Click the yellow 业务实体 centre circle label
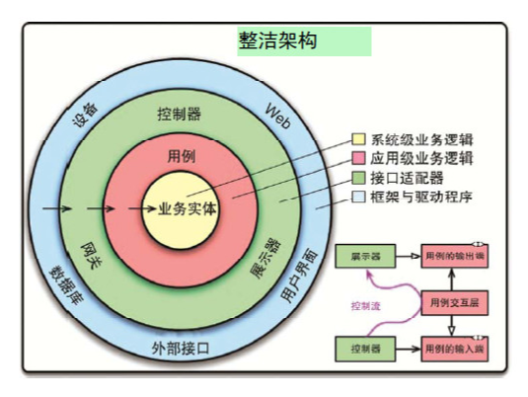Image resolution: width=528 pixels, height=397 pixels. tap(188, 209)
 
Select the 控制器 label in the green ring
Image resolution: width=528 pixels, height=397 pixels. tap(179, 114)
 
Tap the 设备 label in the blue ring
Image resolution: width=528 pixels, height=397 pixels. tap(88, 117)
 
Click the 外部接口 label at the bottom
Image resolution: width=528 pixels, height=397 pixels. tap(181, 350)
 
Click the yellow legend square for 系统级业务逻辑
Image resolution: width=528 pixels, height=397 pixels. tap(359, 139)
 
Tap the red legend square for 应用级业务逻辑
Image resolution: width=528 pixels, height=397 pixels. tap(359, 158)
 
